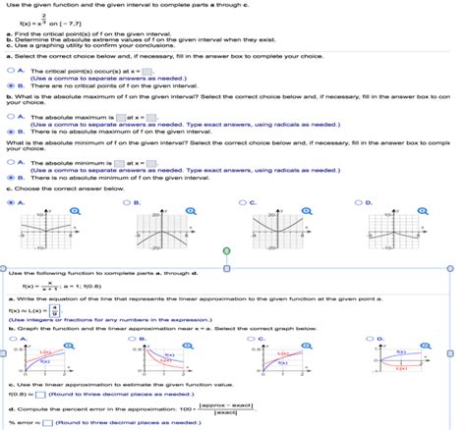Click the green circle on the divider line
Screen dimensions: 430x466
tap(228, 250)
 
